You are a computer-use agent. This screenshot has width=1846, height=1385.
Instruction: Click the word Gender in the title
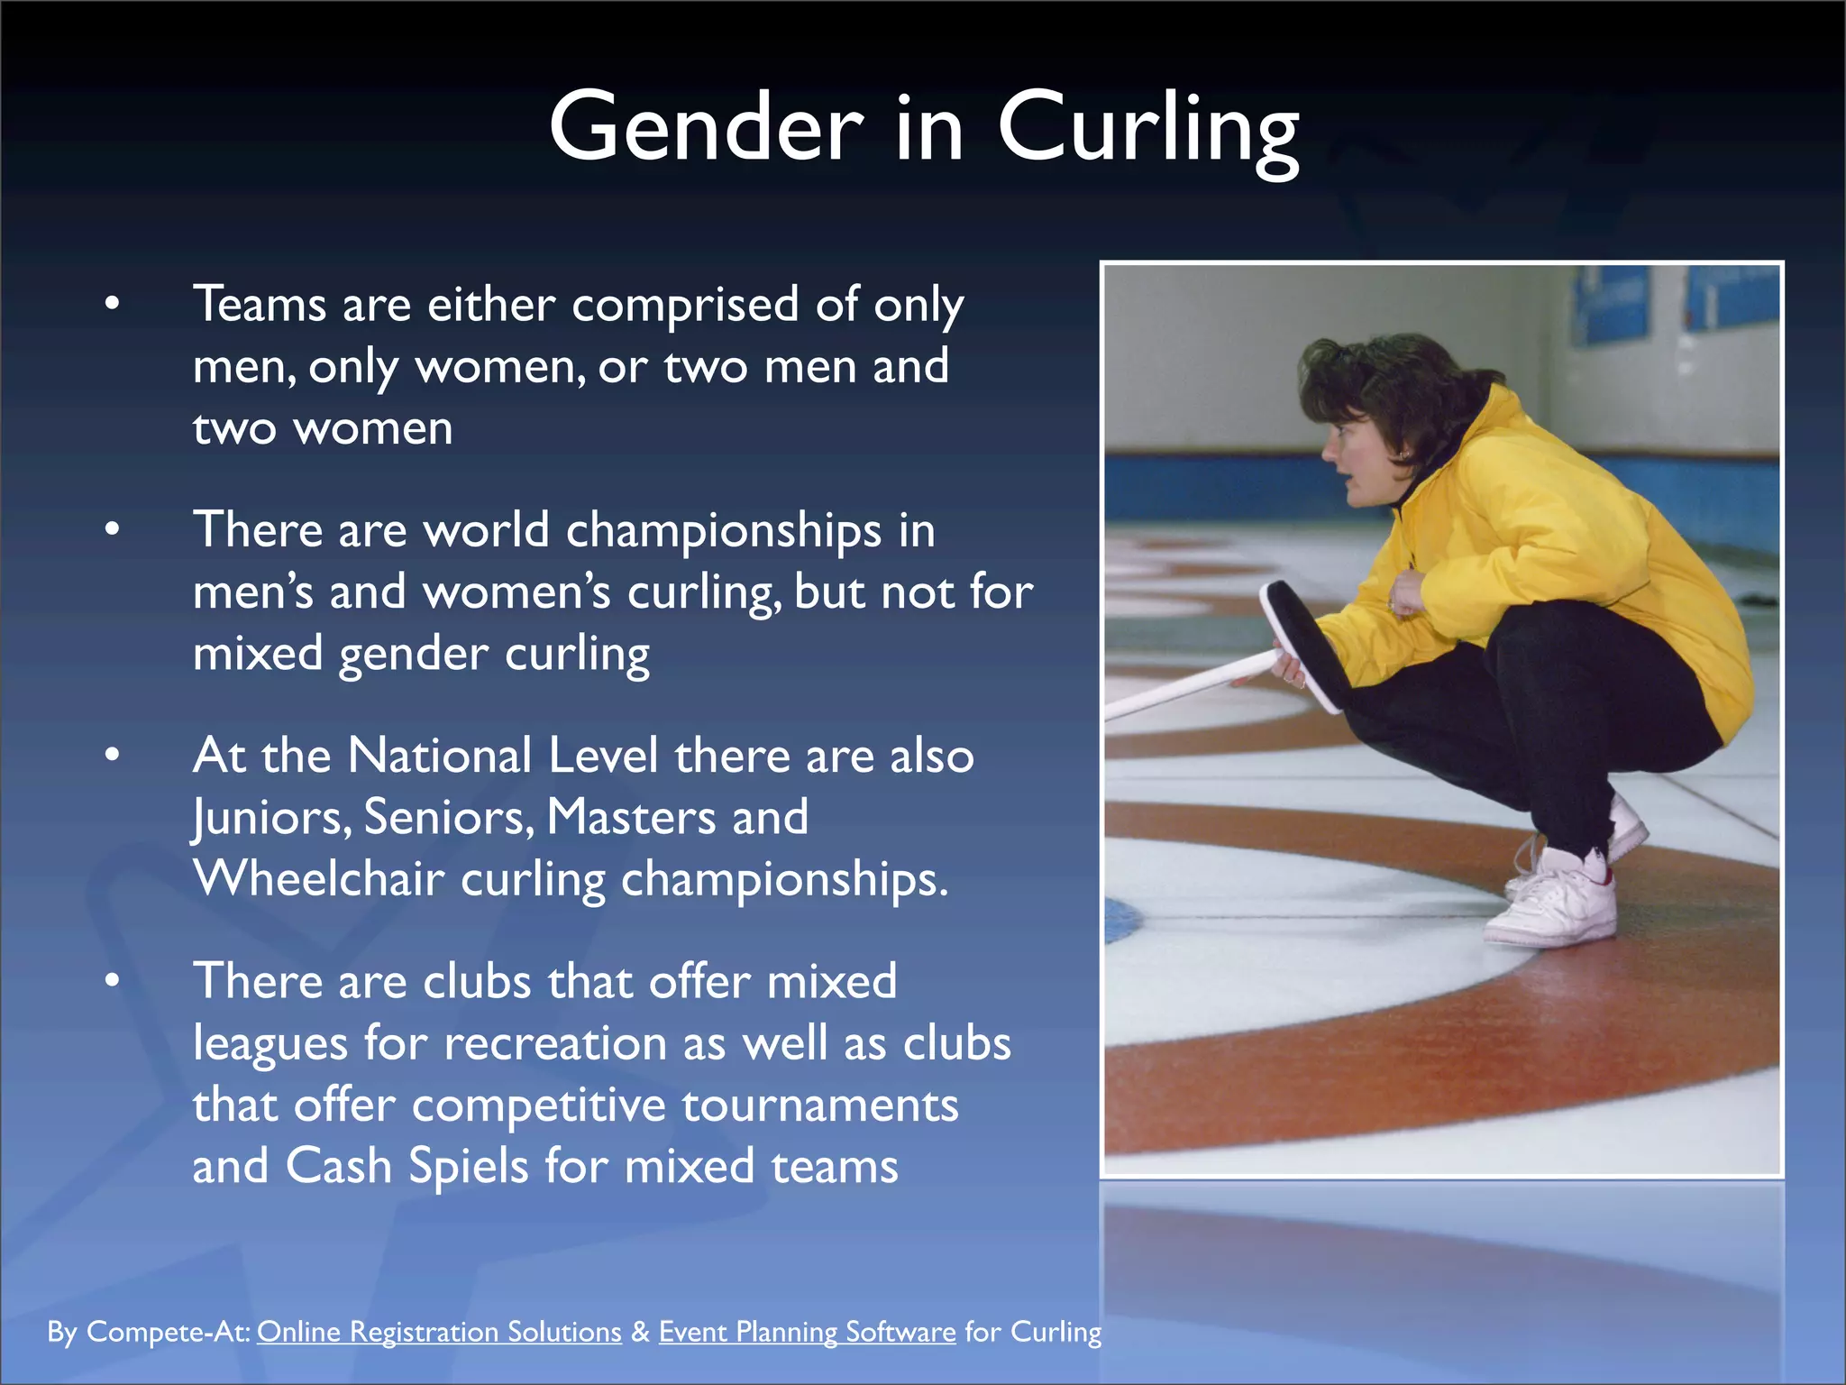click(706, 128)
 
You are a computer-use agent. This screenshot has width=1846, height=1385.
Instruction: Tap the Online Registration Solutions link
click(439, 1332)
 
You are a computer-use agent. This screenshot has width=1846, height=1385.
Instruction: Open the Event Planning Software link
click(807, 1332)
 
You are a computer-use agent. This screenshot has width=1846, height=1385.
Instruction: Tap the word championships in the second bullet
click(723, 530)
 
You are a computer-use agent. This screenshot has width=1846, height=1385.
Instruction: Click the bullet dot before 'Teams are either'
click(112, 304)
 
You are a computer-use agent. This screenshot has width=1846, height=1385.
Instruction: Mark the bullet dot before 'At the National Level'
click(112, 755)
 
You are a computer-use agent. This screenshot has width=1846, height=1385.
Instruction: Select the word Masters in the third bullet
click(631, 817)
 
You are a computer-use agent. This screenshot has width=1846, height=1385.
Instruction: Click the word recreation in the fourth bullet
click(555, 1043)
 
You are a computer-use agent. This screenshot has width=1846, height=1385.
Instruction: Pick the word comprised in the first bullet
click(685, 305)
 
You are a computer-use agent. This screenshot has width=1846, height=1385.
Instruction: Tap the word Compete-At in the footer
click(169, 1332)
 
